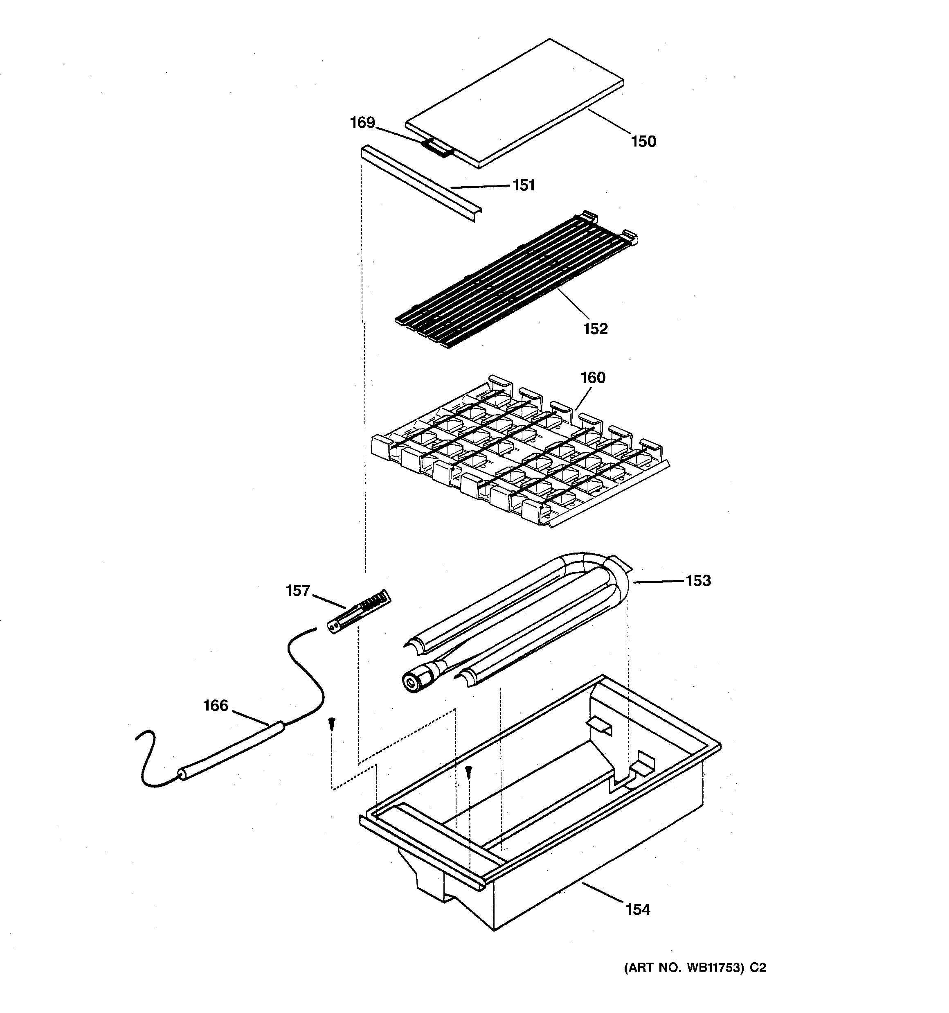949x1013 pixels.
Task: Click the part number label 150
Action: click(x=643, y=142)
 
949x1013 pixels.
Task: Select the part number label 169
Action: click(x=362, y=123)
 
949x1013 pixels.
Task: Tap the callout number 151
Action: click(x=524, y=185)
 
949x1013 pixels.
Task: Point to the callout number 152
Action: click(x=596, y=329)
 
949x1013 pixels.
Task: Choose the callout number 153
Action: click(x=698, y=580)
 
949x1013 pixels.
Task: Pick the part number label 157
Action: click(x=298, y=591)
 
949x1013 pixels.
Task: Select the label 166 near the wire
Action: click(x=216, y=705)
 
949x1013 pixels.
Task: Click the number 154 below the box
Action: click(x=638, y=909)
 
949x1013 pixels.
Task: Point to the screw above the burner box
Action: click(x=470, y=772)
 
